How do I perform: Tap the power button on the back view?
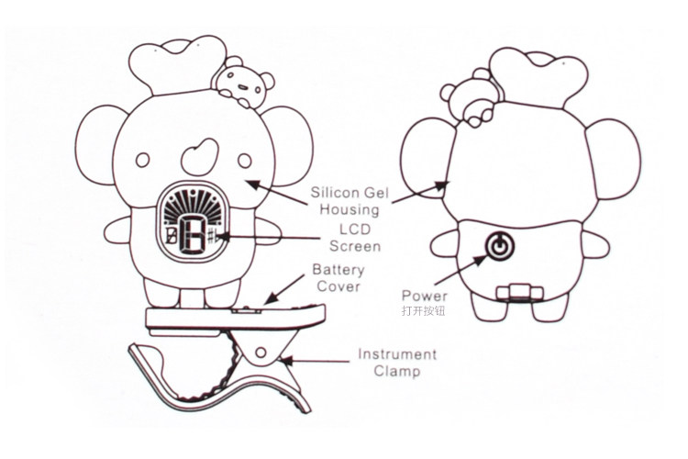[498, 246]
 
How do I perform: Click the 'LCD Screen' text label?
[352, 238]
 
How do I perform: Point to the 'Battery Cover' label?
[338, 278]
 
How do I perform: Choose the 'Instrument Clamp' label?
[396, 363]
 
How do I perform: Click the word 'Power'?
[424, 296]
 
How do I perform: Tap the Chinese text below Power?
[423, 311]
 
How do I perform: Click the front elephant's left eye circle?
[142, 161]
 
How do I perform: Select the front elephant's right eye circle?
[245, 161]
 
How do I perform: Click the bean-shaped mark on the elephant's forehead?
[195, 156]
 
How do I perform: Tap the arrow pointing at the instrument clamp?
[303, 361]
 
